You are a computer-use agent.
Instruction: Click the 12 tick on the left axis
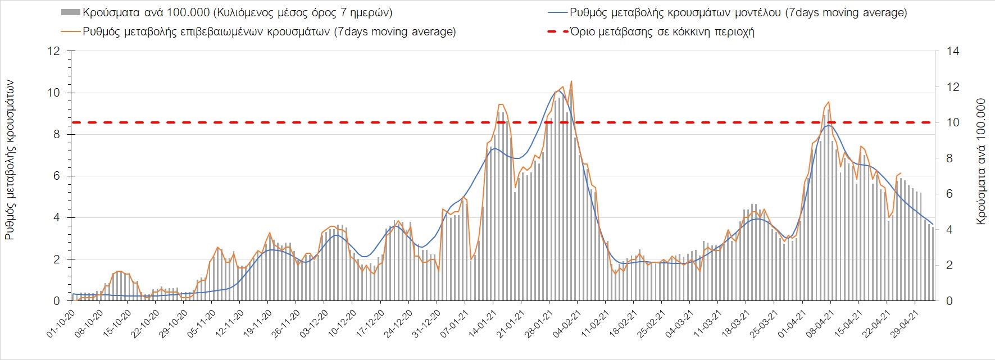55,52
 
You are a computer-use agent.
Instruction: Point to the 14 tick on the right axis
948,52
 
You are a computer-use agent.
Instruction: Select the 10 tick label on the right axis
948,123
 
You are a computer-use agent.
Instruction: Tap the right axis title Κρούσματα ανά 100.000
982,163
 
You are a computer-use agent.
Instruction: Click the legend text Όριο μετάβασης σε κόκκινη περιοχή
662,31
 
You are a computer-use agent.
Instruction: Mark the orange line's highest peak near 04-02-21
571,81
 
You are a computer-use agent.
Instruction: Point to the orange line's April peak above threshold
829,102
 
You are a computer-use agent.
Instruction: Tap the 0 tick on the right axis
946,301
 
